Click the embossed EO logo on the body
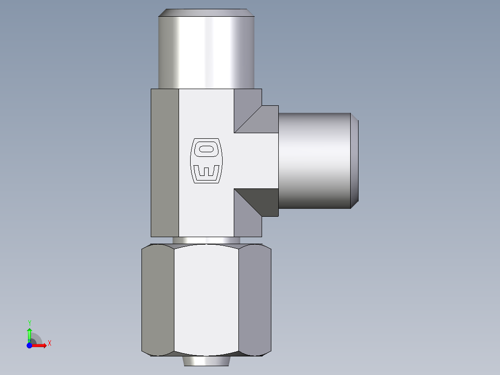[206, 160]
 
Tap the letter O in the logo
[206, 149]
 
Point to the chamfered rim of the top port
[206, 12]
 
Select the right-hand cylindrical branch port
[314, 160]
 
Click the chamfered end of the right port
[354, 160]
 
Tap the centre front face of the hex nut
[206, 299]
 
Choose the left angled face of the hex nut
[158, 299]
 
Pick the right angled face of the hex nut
[255, 299]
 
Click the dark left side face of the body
[165, 162]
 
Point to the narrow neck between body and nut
[206, 240]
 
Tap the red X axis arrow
[41, 345]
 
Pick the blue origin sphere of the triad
[29, 345]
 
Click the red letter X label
[49, 343]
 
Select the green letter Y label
[29, 323]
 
